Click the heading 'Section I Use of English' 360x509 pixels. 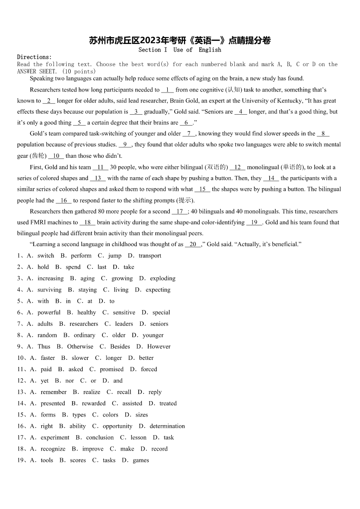180,50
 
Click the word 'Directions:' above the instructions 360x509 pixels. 34,57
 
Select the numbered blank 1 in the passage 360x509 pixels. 167,90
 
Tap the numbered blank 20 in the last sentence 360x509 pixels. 193,244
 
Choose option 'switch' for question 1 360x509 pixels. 46,256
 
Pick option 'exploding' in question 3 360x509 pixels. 163,278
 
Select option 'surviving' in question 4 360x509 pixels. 49,290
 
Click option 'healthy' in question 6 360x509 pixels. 87,312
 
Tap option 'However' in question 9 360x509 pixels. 159,346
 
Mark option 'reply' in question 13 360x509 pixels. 155,392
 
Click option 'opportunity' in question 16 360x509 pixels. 117,426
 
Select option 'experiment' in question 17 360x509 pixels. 55,437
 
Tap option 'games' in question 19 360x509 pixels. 141,460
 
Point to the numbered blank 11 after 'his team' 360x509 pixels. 100,167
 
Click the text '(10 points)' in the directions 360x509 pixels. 79,72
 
